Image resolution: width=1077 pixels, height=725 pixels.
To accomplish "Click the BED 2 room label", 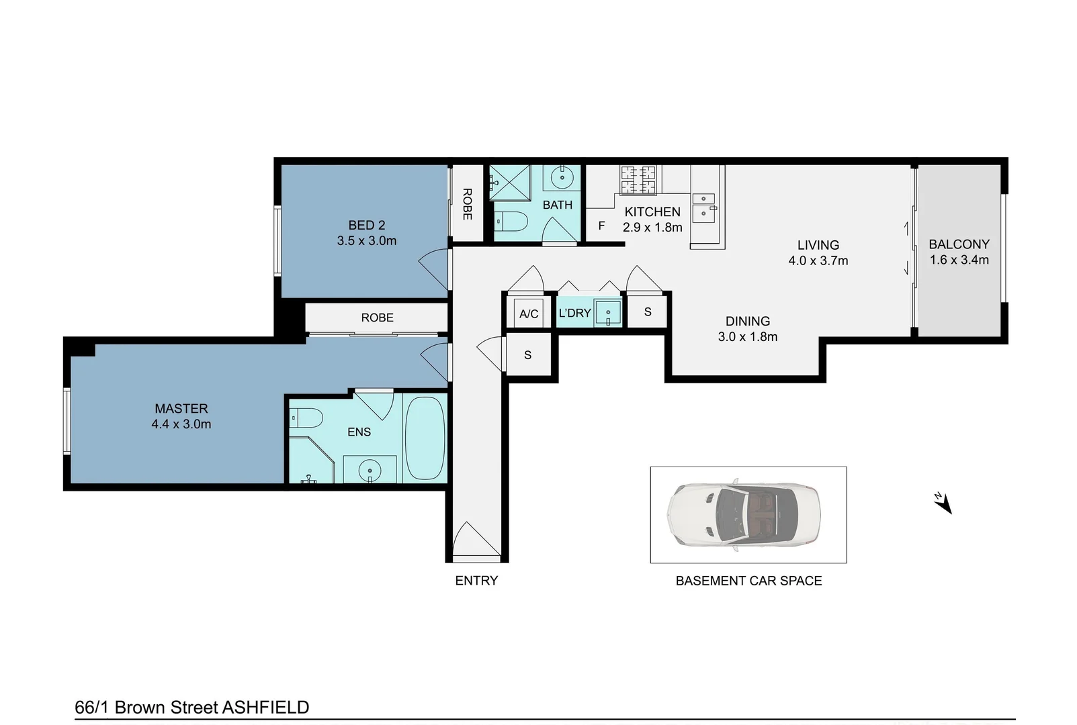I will pyautogui.click(x=366, y=226).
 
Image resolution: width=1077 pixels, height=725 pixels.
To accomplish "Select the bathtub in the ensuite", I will pyautogui.click(x=425, y=438).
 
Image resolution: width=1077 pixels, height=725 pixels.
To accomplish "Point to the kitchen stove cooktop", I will pyautogui.click(x=638, y=179).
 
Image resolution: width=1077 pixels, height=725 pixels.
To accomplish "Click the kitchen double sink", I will pyautogui.click(x=703, y=207).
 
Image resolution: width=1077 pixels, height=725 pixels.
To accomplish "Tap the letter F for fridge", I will pyautogui.click(x=601, y=226).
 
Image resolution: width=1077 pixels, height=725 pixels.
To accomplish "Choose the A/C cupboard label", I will pyautogui.click(x=529, y=313).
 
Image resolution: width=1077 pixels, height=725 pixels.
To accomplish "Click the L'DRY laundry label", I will pyautogui.click(x=574, y=313).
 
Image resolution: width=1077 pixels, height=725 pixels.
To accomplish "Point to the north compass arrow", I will pyautogui.click(x=943, y=503).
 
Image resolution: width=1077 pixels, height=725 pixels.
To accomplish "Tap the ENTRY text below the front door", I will pyautogui.click(x=476, y=581).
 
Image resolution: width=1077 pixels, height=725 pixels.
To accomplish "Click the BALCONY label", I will pyautogui.click(x=959, y=244).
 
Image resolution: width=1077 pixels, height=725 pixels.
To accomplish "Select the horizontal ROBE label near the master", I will pyautogui.click(x=377, y=318).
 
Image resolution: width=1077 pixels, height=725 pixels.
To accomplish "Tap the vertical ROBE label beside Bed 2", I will pyautogui.click(x=467, y=204).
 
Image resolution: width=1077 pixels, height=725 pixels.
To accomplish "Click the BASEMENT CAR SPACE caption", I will pyautogui.click(x=748, y=581).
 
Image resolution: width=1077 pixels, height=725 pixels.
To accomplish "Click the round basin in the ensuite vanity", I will pyautogui.click(x=370, y=471).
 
